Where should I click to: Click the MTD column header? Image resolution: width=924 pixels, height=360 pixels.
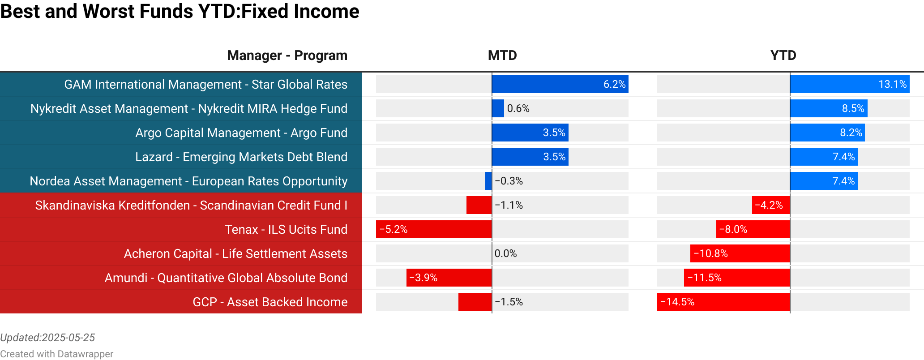point(502,56)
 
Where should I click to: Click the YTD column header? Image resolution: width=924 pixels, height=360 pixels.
point(783,56)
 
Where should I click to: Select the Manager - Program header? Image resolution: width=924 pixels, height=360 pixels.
point(287,56)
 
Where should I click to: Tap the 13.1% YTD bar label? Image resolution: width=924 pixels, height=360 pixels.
point(892,84)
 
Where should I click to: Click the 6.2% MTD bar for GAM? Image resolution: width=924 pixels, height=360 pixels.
point(560,84)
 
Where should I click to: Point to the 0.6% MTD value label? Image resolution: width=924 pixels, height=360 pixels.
point(518,108)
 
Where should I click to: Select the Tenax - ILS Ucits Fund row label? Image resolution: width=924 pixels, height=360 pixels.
point(286,229)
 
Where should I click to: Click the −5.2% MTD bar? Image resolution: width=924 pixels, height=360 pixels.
point(434,229)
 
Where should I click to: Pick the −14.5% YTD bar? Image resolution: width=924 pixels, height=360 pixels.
point(723,302)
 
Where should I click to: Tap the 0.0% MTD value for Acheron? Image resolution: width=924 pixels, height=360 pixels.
point(505,253)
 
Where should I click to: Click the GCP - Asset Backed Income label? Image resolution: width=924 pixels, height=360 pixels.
point(270,302)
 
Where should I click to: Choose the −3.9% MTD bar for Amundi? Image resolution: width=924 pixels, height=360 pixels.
point(449,278)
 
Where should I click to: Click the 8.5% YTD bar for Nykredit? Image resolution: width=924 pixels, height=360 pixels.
point(828,108)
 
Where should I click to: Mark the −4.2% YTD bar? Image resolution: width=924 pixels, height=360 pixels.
point(771,205)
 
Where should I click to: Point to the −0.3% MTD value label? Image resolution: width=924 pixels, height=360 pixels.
point(509,181)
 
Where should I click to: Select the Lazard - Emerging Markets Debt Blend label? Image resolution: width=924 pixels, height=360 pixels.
point(241,157)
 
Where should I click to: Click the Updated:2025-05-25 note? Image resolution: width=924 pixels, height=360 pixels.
point(47,338)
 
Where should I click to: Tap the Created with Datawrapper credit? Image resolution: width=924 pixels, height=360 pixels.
point(56,354)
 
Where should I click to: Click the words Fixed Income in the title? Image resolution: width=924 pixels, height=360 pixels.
point(300,11)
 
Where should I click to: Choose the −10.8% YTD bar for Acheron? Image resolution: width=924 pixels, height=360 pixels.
point(740,253)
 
